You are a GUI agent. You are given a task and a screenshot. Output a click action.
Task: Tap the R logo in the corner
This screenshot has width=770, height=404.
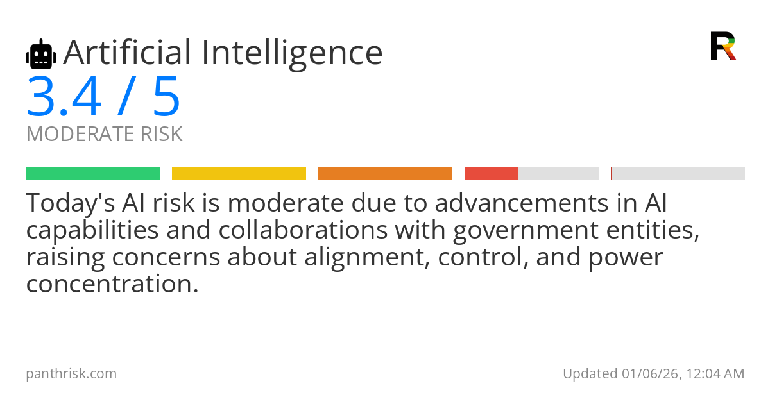coord(723,46)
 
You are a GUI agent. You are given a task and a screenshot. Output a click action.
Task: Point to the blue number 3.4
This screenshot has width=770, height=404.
coord(64,97)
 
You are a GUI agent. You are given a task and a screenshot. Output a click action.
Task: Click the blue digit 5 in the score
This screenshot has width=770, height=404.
coord(166,97)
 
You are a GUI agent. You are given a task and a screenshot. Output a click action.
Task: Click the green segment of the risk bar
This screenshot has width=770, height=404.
coord(92,174)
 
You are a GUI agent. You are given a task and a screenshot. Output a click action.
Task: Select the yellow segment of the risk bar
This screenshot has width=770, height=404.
coord(239,174)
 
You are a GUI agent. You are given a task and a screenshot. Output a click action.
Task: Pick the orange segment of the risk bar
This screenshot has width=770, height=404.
coord(385,174)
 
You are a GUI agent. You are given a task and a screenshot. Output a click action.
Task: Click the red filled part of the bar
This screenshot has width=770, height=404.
coord(492,174)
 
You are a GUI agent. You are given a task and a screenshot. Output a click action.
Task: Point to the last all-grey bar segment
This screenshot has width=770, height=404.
coord(678,174)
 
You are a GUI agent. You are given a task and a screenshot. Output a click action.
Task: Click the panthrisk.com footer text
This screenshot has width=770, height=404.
coord(71,373)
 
